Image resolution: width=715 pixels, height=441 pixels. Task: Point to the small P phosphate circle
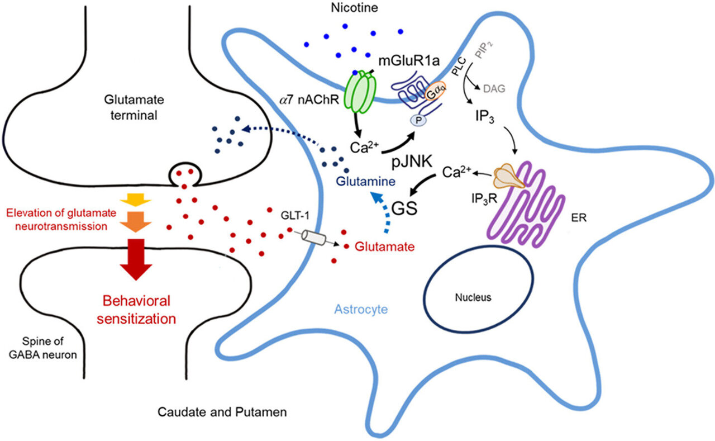click(417, 121)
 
